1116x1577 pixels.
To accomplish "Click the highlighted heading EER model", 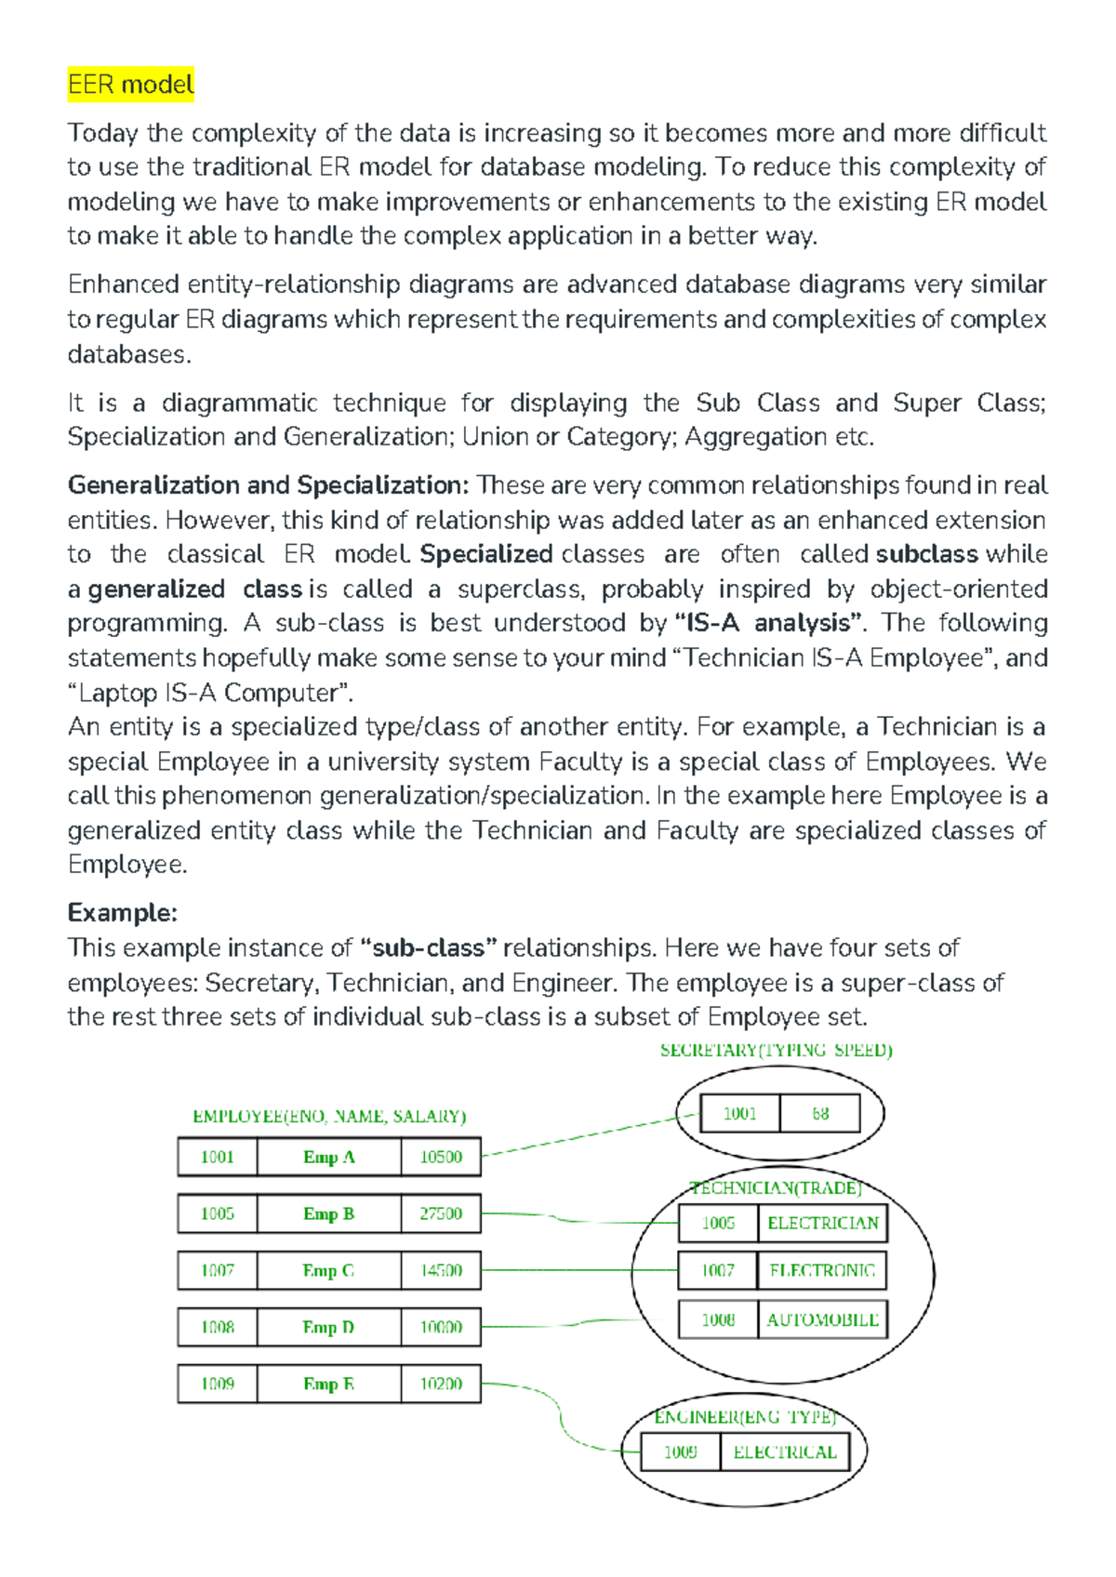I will pos(130,85).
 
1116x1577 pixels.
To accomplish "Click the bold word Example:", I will pos(122,912).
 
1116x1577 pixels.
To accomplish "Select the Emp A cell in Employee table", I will pos(328,1157).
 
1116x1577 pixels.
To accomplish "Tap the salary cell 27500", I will pos(441,1213).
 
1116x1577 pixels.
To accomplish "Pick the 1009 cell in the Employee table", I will pos(218,1384).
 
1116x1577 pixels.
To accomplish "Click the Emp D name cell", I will pos(328,1327).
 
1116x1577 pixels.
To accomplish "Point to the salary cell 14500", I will pos(441,1270).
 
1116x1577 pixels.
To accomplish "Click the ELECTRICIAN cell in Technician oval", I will pos(822,1223).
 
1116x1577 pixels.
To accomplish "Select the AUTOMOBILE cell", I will pos(822,1319).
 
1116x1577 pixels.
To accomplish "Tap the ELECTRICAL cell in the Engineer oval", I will pos(785,1452).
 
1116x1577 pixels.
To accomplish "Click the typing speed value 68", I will pos(819,1113).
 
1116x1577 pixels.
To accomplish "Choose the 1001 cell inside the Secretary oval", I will pos(739,1113).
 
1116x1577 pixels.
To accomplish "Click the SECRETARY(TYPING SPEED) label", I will pos(776,1051).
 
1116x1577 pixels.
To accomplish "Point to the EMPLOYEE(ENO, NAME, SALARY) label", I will pos(329,1116).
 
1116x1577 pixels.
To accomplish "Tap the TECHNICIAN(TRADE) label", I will pos(776,1188).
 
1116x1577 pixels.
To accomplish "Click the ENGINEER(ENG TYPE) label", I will pos(745,1417).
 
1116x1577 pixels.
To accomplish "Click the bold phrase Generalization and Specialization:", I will pos(268,485).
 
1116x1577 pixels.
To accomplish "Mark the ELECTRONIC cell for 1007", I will pos(822,1270).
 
